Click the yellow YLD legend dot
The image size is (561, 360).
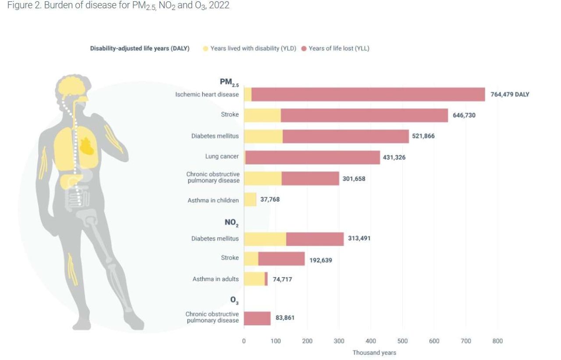pos(205,49)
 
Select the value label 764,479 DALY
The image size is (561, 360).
pos(510,94)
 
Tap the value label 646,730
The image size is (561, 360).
pos(464,115)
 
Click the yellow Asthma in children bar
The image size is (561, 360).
pos(250,200)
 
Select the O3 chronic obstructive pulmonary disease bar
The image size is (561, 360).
pos(257,318)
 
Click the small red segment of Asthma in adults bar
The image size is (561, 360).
pos(266,279)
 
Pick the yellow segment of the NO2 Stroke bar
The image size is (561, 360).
pos(251,259)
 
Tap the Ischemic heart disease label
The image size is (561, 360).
pos(207,94)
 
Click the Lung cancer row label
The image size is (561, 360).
pos(222,157)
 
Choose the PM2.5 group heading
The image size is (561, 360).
pos(229,82)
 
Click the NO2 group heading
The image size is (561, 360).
pos(231,223)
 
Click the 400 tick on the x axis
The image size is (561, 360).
pos(370,341)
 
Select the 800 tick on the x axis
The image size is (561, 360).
pos(497,341)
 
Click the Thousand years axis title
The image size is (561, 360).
pos(374,353)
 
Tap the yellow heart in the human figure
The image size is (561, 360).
pos(87,146)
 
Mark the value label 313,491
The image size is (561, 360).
pos(359,239)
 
